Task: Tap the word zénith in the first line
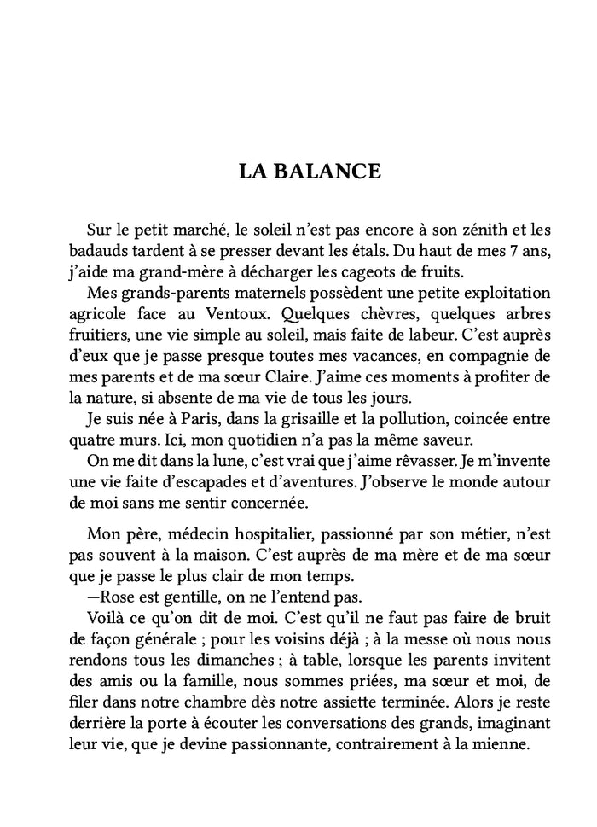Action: (x=465, y=230)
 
